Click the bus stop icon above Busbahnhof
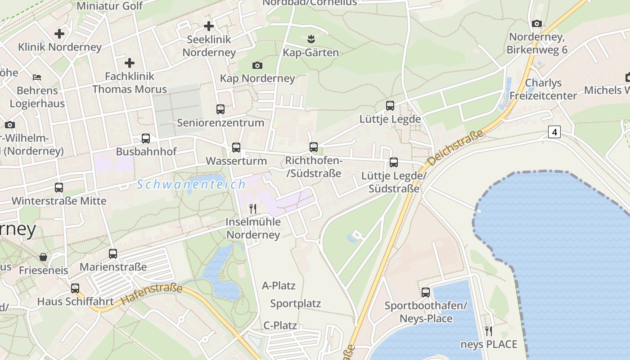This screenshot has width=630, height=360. coord(146,139)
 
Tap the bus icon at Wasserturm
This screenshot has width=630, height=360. coord(236,148)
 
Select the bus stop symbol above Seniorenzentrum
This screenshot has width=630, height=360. coord(220,109)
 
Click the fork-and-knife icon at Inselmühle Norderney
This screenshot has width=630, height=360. coord(253,208)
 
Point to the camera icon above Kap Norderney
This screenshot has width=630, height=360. coord(257,66)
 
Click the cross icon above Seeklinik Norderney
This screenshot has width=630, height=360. coord(209,26)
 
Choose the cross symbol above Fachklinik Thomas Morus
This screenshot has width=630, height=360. coord(130,63)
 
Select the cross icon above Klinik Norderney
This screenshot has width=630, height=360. coord(59,34)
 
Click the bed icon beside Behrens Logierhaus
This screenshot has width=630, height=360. coord(37,77)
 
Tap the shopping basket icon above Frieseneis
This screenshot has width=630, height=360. coord(43,257)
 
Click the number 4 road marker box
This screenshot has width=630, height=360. coord(554,132)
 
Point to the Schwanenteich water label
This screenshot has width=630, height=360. coord(191,184)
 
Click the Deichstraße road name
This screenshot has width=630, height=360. coord(455,148)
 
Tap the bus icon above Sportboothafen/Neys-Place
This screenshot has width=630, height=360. coord(426,292)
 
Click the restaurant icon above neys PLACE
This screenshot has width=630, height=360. coord(489,332)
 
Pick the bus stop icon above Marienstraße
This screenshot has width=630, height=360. coord(113,254)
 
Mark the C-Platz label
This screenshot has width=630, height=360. coord(280,325)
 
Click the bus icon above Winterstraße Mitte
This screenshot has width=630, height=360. coord(59,188)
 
